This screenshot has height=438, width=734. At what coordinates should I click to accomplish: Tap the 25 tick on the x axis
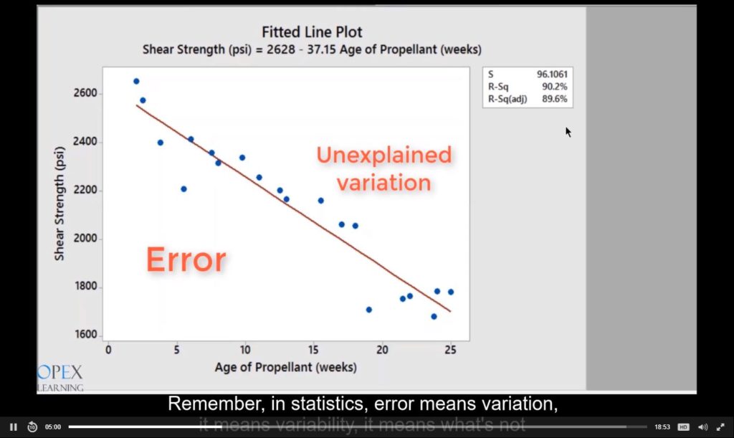coord(450,350)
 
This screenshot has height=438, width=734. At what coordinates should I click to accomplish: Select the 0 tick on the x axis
coord(108,350)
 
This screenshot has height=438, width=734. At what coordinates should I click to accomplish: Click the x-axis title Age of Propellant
coord(285,368)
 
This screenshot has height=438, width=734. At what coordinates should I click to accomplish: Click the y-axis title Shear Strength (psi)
coord(59,203)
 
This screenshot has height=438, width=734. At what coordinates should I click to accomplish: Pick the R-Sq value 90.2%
coord(556,87)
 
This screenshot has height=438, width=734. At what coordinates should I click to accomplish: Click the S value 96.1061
coord(552,75)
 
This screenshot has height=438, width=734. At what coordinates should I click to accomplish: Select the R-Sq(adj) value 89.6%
coord(556,99)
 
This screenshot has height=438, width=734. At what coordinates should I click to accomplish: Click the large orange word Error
coord(186,260)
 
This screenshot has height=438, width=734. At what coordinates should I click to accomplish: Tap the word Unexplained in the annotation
coord(384,155)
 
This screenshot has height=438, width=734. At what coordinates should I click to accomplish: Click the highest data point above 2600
coord(136,81)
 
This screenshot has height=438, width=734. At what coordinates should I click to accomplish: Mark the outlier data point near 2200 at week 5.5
coord(183,189)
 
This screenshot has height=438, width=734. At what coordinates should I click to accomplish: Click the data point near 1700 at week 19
coord(368,310)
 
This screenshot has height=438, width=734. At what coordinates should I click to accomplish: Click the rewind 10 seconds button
coord(32,427)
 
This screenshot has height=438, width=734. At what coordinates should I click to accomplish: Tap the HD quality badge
coord(683,427)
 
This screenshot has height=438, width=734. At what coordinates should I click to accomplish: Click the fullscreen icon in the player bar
coord(720,427)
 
